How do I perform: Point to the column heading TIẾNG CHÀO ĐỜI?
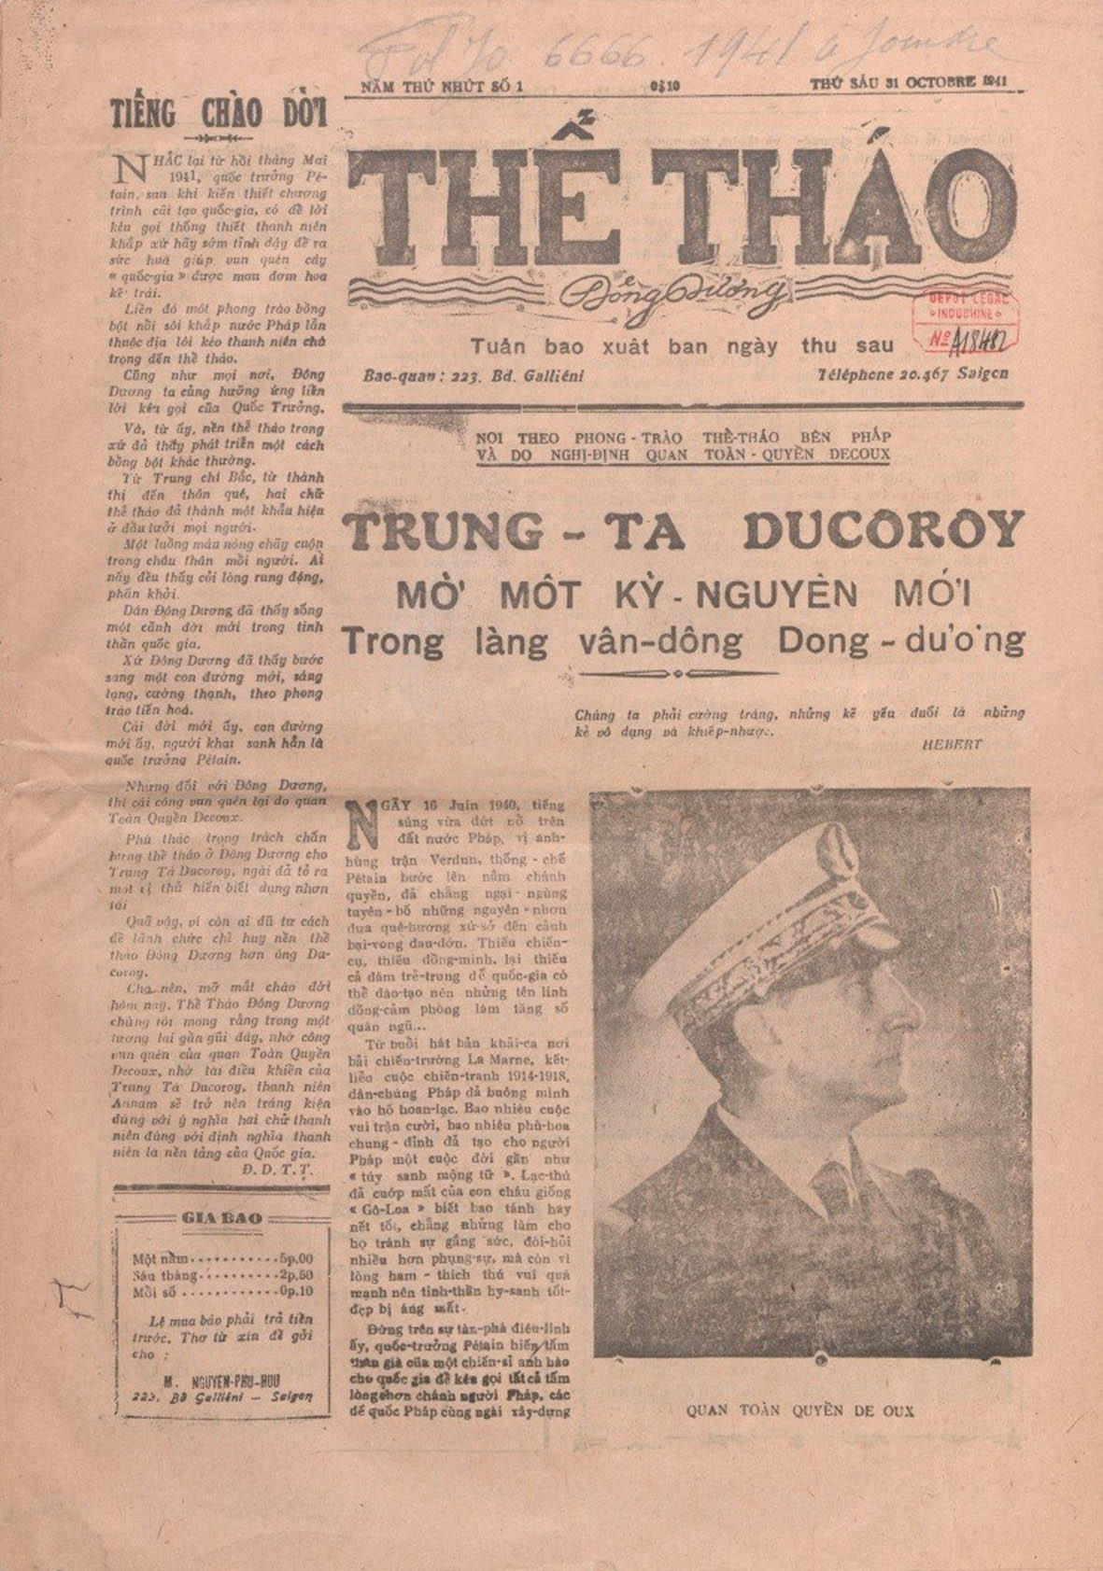pos(218,113)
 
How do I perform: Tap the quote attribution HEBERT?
pos(947,745)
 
